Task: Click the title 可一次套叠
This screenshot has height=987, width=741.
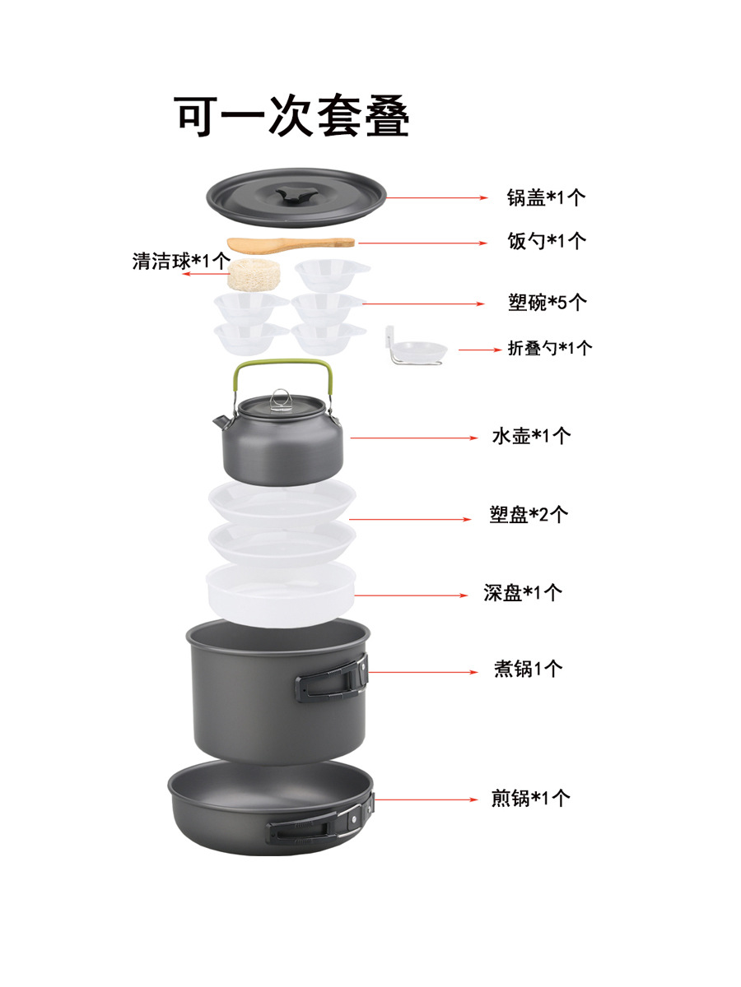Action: point(291,116)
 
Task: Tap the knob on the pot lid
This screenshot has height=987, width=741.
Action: point(296,196)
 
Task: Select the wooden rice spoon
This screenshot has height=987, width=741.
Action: point(291,244)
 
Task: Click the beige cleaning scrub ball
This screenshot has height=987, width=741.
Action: point(254,274)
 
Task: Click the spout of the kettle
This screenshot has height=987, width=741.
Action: point(221,421)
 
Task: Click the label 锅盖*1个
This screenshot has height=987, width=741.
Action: point(546,197)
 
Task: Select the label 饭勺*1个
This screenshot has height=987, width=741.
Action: point(547,241)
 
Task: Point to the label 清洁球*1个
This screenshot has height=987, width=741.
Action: point(181,261)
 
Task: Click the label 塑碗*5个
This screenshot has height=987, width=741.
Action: point(548,302)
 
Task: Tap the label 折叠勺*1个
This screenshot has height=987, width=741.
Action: point(550,348)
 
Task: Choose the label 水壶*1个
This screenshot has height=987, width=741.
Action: point(531,436)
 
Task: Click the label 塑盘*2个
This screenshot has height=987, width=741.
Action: point(529,514)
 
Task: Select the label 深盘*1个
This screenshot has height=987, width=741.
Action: point(523,593)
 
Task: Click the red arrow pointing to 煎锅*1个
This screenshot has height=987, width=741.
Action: point(426,799)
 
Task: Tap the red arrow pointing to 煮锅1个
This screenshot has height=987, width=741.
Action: point(423,672)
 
